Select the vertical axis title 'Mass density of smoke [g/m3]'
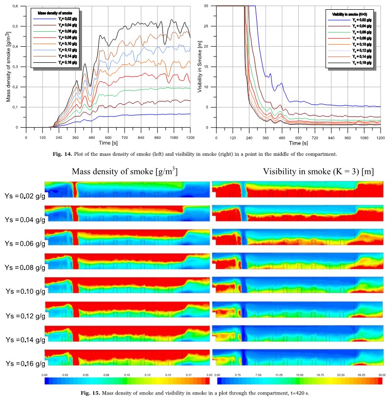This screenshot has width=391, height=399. [9, 66]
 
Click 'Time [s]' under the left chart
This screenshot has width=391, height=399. [108, 143]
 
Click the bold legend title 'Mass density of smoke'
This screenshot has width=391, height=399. [52, 10]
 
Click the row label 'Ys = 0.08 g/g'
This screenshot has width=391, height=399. [22, 267]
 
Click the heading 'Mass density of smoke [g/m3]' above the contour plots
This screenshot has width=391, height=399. [124, 171]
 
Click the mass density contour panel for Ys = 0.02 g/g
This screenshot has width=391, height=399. [127, 189]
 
